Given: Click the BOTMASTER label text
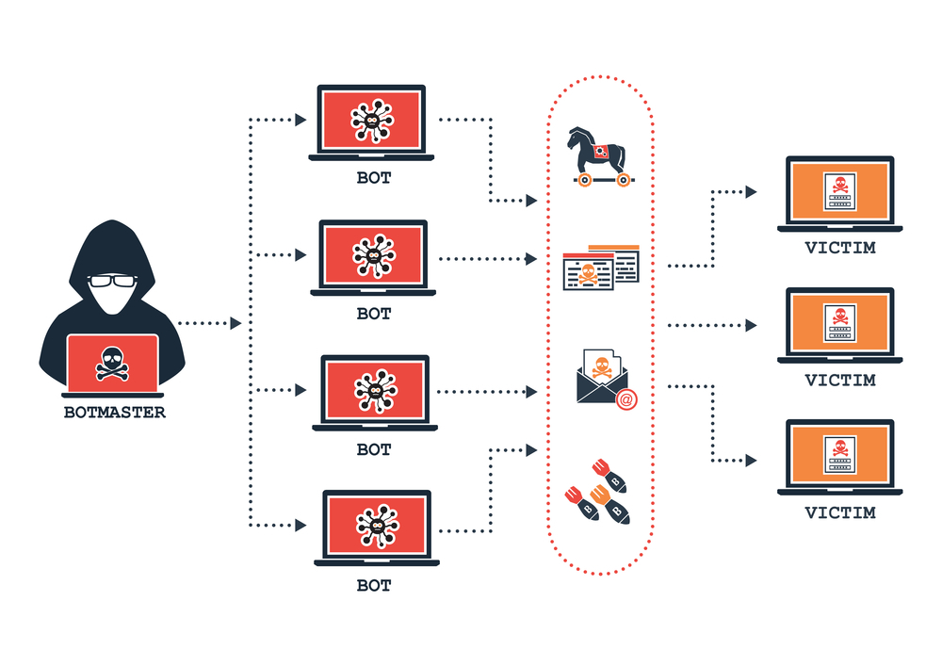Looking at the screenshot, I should click(114, 412).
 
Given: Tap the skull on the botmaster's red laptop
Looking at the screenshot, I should click(113, 362).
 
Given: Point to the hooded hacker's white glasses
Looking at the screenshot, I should click(113, 281).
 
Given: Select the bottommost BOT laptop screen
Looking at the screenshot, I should click(376, 524).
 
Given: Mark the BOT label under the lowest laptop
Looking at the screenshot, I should click(374, 585).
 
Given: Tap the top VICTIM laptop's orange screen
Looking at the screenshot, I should click(839, 189).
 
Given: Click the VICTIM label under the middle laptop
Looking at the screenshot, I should click(840, 381).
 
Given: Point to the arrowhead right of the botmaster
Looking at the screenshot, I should click(235, 323).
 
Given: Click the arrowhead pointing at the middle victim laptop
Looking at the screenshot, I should click(751, 326).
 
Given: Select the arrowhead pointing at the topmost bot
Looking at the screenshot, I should click(300, 120).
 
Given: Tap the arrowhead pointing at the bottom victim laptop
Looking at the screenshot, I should click(751, 461).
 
